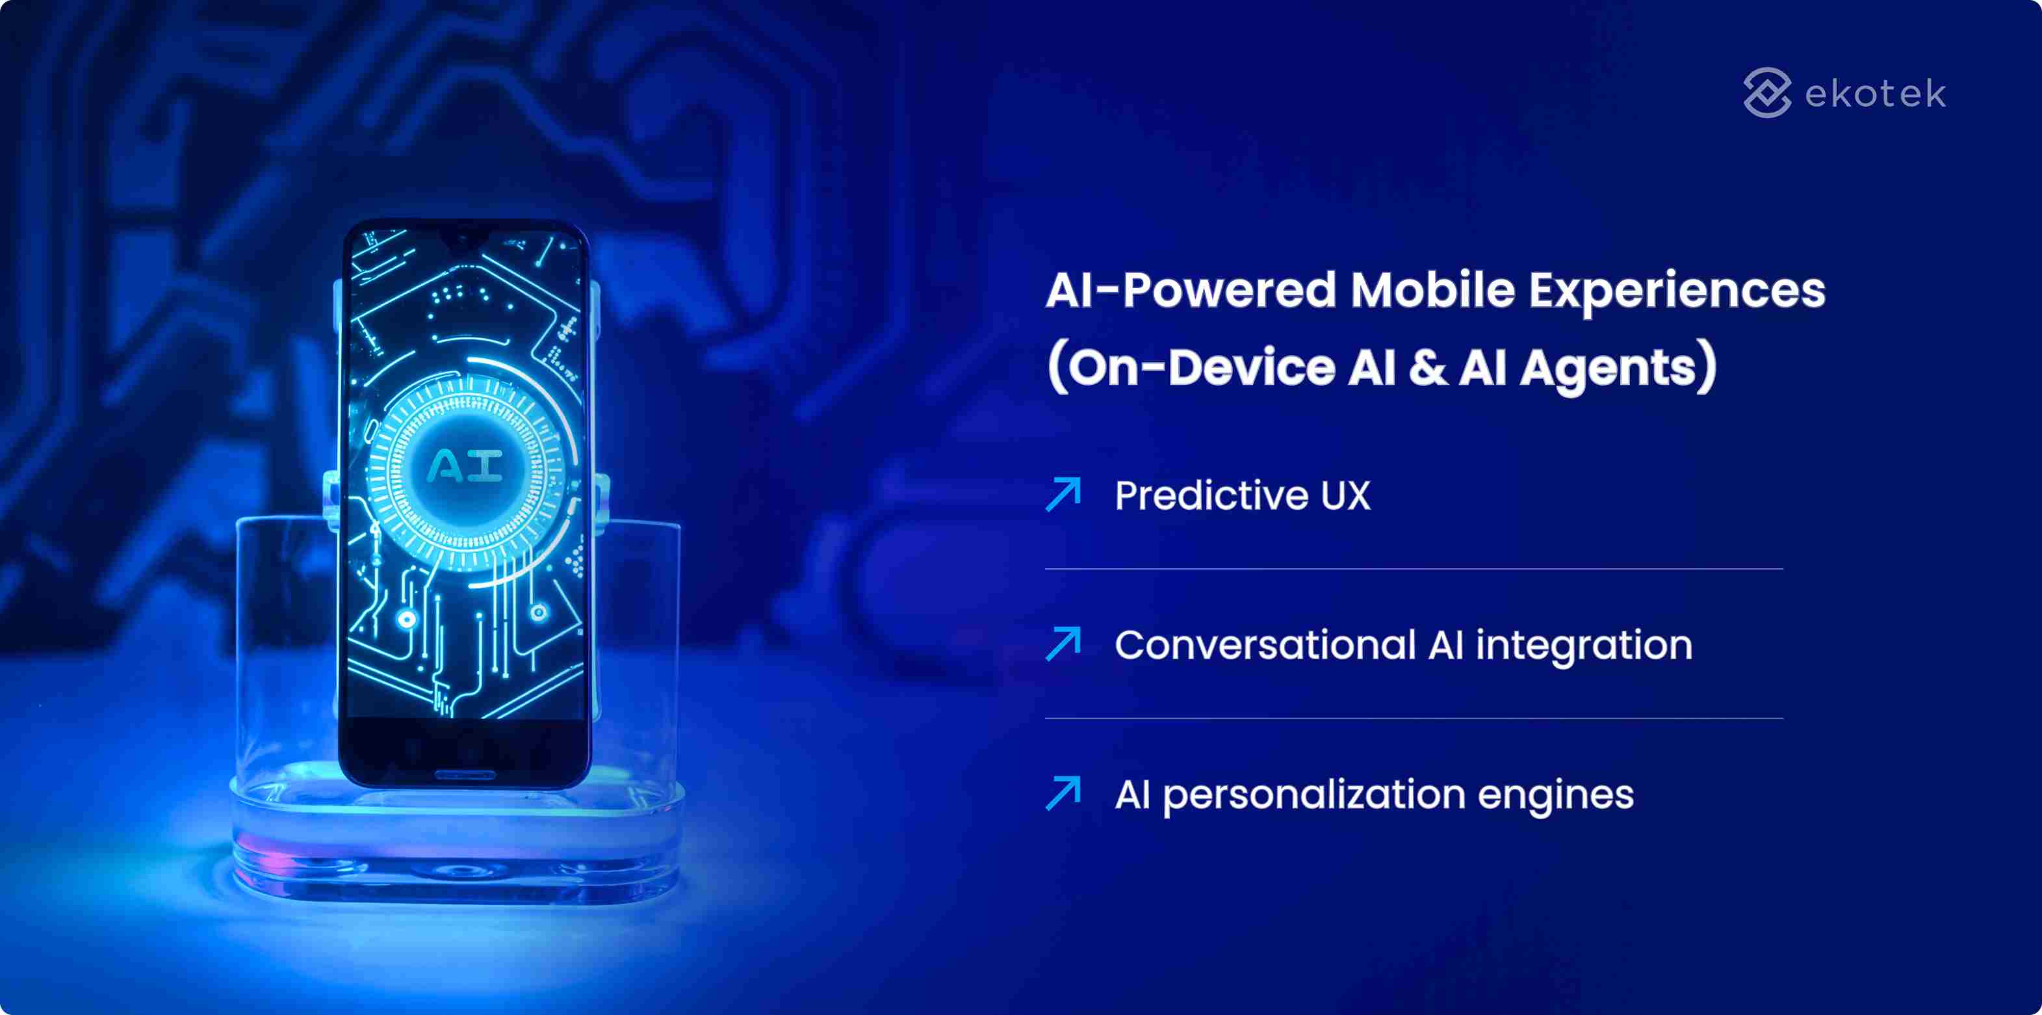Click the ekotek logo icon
1766,93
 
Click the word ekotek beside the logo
1875,94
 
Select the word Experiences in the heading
1677,292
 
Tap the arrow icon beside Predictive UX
1063,494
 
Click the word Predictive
1211,495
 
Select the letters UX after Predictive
1345,495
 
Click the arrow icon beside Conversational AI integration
1063,643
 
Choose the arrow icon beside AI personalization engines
1063,793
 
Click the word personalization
1313,795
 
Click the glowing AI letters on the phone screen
465,466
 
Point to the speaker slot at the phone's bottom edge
465,774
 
